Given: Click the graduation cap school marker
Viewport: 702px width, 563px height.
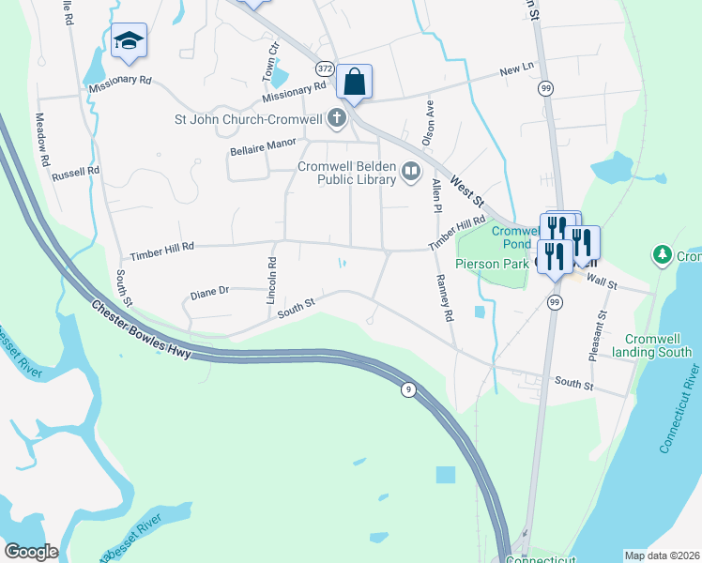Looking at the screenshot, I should pyautogui.click(x=129, y=40).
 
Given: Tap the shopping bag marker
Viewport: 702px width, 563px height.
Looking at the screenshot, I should pyautogui.click(x=355, y=82).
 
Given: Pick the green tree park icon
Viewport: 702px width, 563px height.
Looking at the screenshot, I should pyautogui.click(x=663, y=254).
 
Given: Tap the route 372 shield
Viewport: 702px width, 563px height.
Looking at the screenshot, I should pyautogui.click(x=325, y=68).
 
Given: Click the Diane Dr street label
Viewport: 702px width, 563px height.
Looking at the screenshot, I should pyautogui.click(x=209, y=292).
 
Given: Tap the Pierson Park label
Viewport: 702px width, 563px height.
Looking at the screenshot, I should pyautogui.click(x=493, y=265).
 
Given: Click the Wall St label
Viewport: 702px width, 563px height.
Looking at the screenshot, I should pyautogui.click(x=601, y=282).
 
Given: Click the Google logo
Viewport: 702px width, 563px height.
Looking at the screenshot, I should pyautogui.click(x=31, y=552).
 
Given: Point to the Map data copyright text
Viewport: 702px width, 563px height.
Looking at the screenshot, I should pyautogui.click(x=662, y=555).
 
